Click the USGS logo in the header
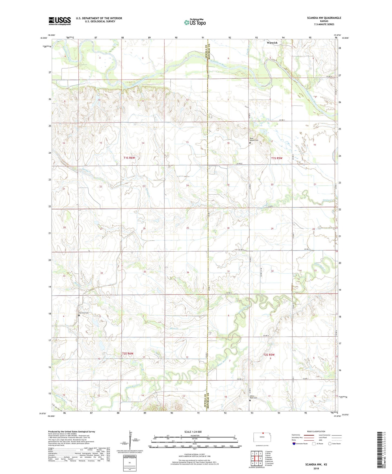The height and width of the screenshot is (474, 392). [x=60, y=21]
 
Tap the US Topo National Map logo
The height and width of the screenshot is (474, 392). [x=195, y=22]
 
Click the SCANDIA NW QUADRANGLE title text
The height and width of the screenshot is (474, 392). [x=324, y=18]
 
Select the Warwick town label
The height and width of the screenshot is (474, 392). [x=272, y=43]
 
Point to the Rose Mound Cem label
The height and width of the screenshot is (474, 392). [x=254, y=139]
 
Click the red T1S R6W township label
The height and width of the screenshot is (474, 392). [x=129, y=158]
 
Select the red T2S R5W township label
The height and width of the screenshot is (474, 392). [x=269, y=355]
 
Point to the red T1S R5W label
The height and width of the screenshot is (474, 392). [x=277, y=158]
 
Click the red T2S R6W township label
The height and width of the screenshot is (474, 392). [x=128, y=353]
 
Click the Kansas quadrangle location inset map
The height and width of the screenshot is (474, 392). [x=262, y=437]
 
